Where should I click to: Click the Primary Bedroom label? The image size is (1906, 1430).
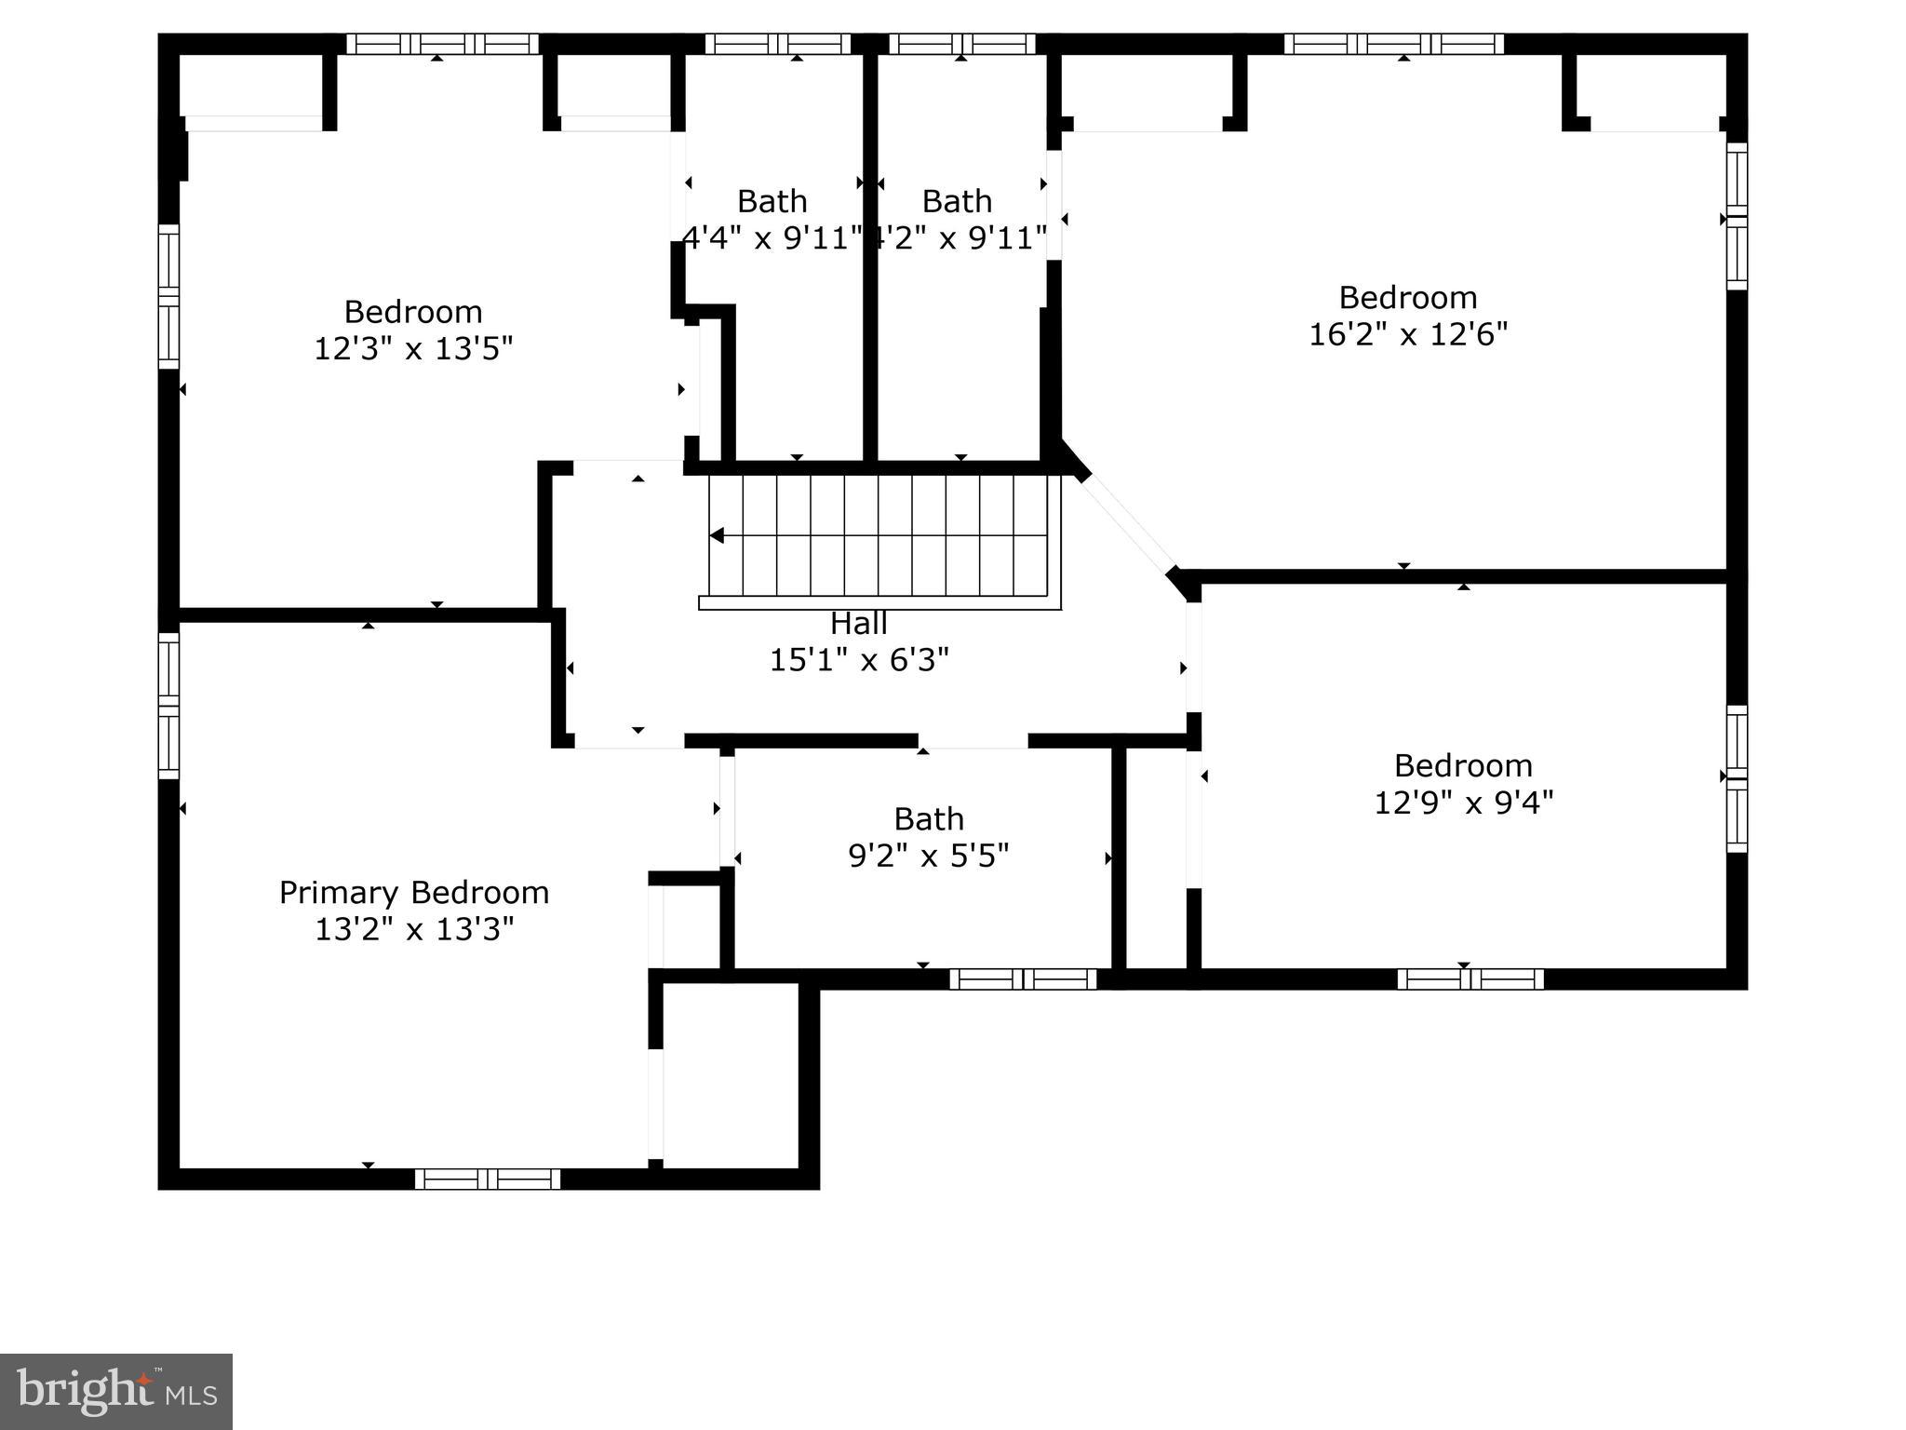pos(414,893)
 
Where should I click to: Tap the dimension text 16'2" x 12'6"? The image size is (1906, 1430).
pos(1408,334)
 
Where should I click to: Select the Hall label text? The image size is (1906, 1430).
pos(858,623)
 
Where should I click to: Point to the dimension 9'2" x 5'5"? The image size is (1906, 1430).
pos(928,856)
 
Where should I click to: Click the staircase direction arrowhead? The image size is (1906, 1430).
pos(717,535)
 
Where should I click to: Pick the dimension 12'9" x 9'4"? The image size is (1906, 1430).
pos(1463,803)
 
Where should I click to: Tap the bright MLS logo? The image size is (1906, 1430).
pos(116,1391)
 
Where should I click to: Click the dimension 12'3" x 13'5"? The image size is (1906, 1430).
pos(413,349)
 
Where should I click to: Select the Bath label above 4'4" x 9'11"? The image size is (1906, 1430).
pos(772,201)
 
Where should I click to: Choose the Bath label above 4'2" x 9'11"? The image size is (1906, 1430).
pos(957,201)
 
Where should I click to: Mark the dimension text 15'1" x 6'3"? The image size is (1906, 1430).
pos(858,660)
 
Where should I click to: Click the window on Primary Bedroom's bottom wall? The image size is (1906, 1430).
pos(488,1179)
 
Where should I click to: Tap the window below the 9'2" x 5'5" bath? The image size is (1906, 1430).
pos(1023,978)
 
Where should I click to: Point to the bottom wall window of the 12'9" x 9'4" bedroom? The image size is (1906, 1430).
pos(1470,978)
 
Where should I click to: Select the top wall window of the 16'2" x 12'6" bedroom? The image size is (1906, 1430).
pos(1393,44)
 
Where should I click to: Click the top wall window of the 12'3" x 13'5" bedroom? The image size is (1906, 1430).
pos(443,44)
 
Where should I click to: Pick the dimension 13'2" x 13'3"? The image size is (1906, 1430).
pos(414,929)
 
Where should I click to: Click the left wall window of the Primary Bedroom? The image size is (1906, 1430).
pos(168,706)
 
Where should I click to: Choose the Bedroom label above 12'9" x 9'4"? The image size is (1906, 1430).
pos(1463,765)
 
